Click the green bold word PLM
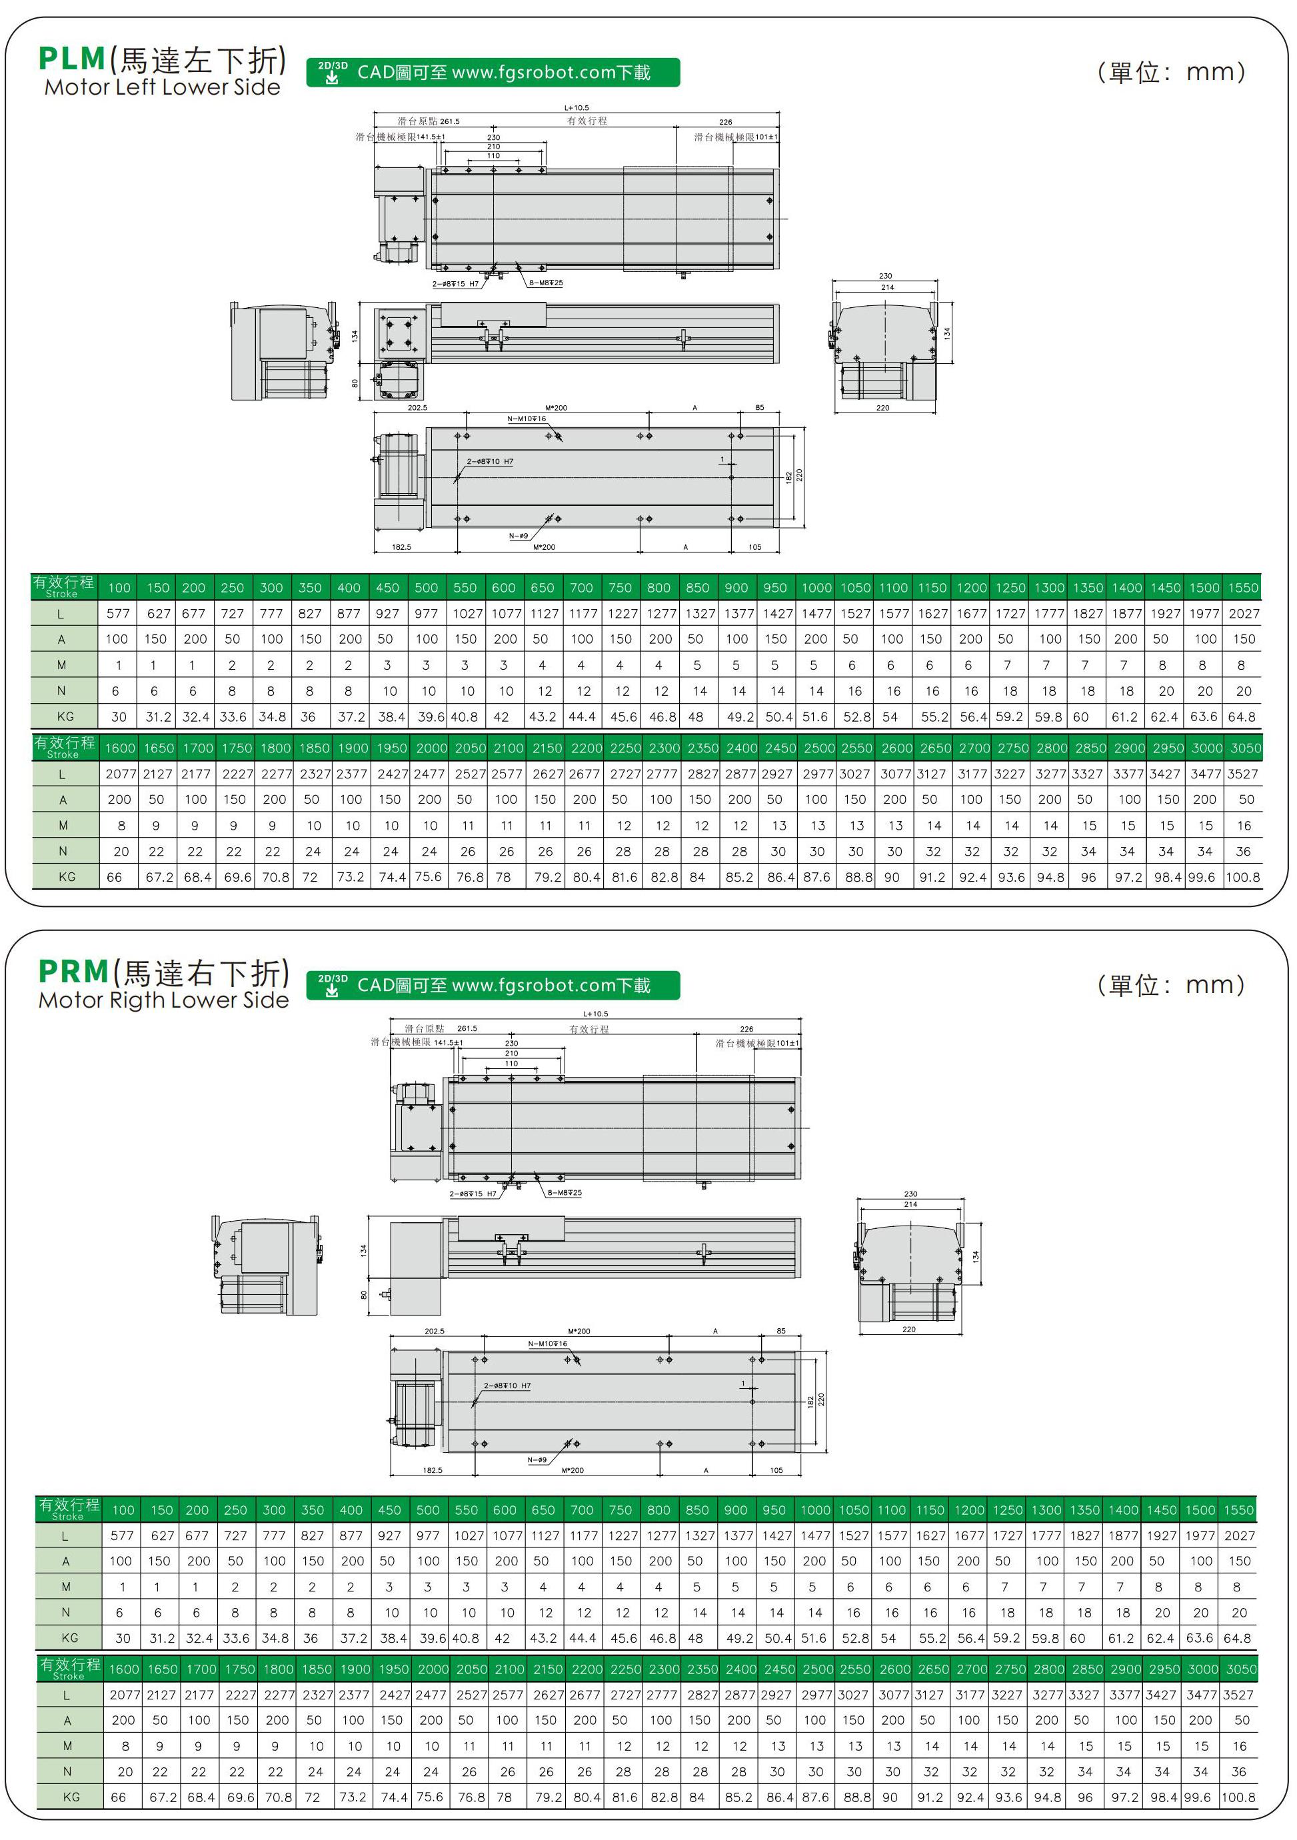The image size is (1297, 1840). coord(72,59)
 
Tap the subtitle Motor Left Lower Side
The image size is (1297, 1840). coord(162,87)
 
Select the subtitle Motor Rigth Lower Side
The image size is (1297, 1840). coord(163,1000)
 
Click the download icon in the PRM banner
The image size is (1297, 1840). coord(332,986)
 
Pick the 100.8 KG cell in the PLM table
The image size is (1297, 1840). coord(1242,878)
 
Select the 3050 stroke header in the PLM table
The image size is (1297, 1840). coord(1246,748)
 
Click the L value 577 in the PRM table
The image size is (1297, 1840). coord(122,1535)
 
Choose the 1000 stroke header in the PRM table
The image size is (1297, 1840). coord(815,1510)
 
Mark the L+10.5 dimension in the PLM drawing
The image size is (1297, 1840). coord(577,107)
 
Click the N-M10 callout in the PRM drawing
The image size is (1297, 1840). coord(547,1344)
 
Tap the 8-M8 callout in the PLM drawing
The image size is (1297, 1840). coord(546,283)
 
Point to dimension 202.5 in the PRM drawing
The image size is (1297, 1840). coord(435,1331)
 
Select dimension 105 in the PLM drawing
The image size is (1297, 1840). coord(755,547)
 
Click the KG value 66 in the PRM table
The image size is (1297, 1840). coord(119,1797)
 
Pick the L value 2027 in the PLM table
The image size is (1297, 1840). coord(1244,614)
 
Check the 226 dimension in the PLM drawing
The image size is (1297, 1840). coord(725,123)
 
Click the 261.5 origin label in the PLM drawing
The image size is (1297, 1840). coord(450,122)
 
